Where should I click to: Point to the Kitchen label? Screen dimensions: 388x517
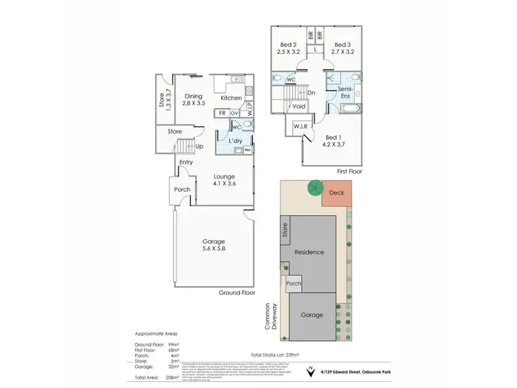(231, 98)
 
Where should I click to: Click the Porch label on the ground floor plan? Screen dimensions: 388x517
(182, 190)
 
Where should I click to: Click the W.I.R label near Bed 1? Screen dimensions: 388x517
(300, 127)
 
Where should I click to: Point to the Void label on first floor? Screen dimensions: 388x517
(299, 107)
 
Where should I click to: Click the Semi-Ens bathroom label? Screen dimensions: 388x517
(346, 94)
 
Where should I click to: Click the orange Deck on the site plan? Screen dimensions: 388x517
(336, 194)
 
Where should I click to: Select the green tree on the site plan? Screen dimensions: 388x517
(316, 187)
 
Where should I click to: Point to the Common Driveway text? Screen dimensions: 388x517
(268, 318)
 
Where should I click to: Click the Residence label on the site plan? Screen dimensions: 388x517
(309, 252)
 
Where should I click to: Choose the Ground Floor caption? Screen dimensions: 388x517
(237, 293)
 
